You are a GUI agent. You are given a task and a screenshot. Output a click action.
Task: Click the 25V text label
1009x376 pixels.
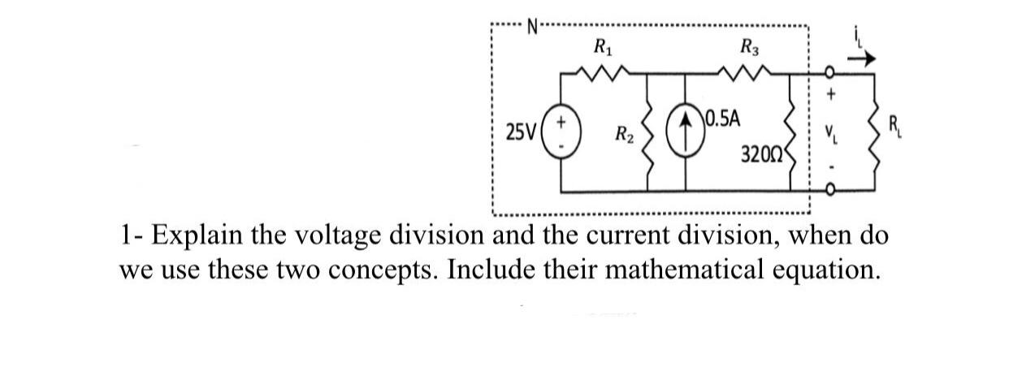[520, 132]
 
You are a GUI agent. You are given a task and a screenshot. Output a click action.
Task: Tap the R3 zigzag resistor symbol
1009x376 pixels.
[748, 75]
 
